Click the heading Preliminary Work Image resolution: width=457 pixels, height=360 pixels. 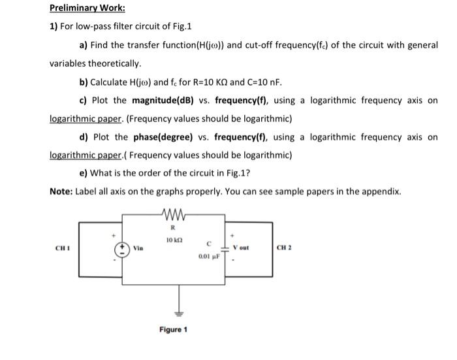80,9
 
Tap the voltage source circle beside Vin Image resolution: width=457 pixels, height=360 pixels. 123,249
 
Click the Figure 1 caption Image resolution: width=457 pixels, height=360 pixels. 173,330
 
